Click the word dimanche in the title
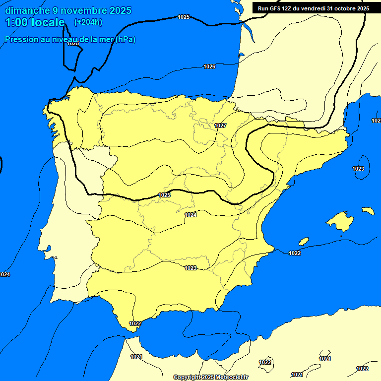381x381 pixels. click(x=26, y=10)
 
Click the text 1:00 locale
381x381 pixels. click(x=35, y=22)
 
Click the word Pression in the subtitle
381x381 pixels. click(x=21, y=40)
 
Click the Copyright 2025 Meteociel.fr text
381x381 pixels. click(x=210, y=378)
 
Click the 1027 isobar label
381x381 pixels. click(x=220, y=126)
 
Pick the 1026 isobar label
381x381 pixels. click(x=209, y=66)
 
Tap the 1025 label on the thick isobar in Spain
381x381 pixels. click(x=164, y=195)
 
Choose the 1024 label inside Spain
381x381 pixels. click(x=190, y=215)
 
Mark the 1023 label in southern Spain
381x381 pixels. click(x=190, y=268)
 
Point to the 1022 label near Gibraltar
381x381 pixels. click(x=135, y=323)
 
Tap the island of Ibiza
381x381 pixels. click(x=304, y=241)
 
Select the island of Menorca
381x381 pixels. click(x=368, y=211)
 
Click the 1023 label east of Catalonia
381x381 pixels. click(x=358, y=169)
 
